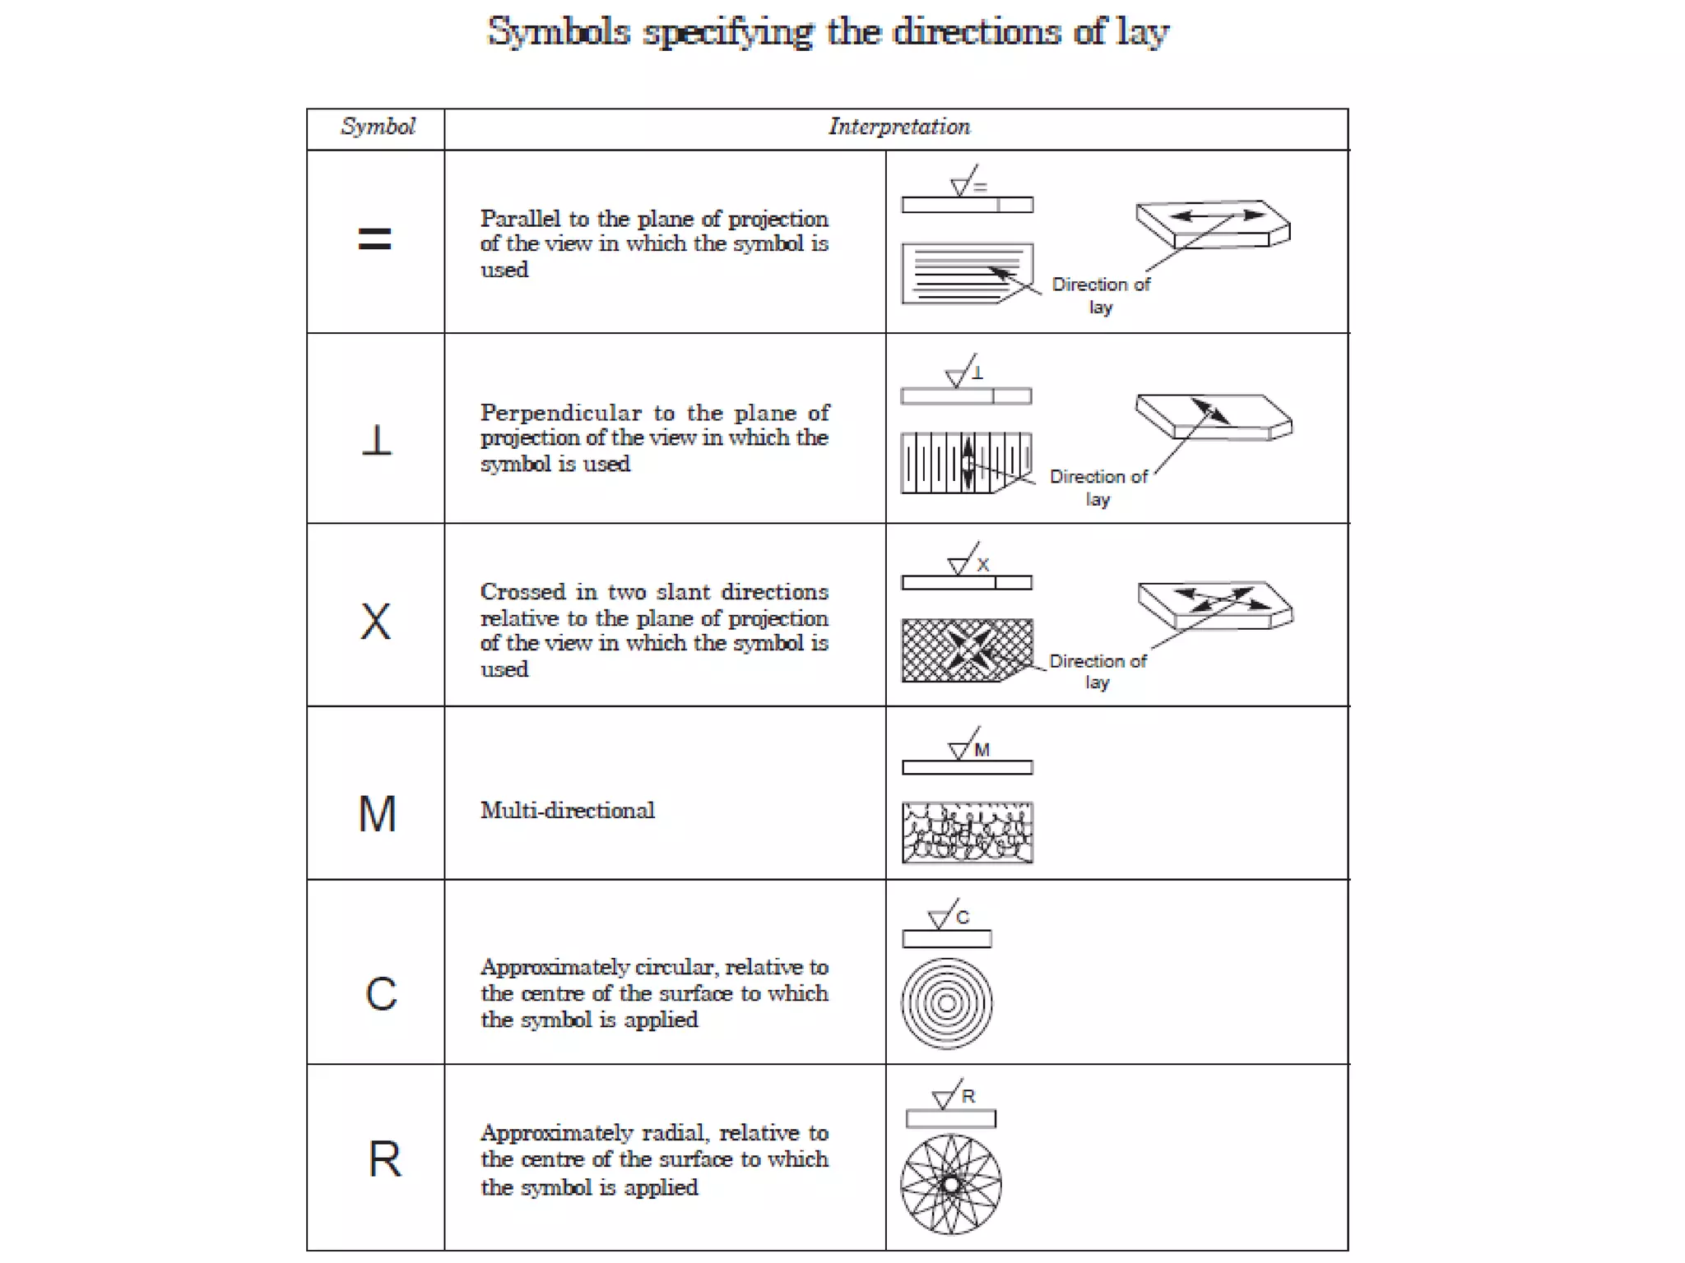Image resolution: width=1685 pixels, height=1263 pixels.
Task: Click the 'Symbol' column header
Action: point(378,127)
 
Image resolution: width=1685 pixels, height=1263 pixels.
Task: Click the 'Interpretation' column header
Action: point(898,127)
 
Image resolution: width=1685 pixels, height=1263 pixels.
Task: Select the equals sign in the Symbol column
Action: point(374,239)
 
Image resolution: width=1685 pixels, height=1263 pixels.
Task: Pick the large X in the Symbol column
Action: point(376,622)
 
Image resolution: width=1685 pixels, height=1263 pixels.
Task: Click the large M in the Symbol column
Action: point(378,814)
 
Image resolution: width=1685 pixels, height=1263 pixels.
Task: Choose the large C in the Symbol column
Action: point(381,994)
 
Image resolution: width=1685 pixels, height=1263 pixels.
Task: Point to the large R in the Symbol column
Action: point(384,1159)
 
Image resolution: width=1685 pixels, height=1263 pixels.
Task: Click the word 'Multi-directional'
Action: point(567,811)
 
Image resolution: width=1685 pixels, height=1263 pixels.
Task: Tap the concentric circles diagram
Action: point(946,1003)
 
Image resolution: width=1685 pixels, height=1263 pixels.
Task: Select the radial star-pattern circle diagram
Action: point(950,1184)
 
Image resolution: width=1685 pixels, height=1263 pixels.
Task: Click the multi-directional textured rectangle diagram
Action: point(967,832)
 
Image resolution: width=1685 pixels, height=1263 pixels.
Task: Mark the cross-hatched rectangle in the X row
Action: point(966,650)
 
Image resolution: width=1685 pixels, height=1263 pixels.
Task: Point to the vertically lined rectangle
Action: point(965,463)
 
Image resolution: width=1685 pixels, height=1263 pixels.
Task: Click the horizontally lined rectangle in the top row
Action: point(966,273)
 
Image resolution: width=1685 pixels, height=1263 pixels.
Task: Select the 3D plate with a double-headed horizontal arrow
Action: point(1212,224)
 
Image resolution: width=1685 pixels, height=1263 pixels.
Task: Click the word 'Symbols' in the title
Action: point(559,33)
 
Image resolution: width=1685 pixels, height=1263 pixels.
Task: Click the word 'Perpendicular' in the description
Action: point(560,413)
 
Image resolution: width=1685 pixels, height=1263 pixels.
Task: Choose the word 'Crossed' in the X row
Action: point(523,592)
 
